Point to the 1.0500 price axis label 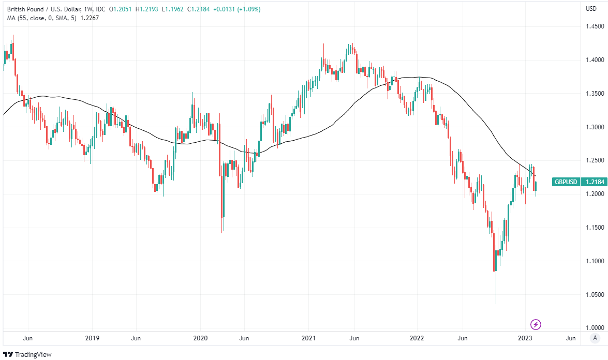click(593, 294)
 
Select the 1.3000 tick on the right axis click(593, 127)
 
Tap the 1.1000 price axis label click(593, 261)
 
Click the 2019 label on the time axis click(92, 338)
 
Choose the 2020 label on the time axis click(200, 338)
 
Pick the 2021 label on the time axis click(308, 338)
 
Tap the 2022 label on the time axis click(417, 338)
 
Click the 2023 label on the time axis click(525, 338)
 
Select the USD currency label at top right click(590, 8)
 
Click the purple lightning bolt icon click(537, 325)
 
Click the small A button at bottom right click(595, 338)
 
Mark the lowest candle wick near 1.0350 click(496, 303)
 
